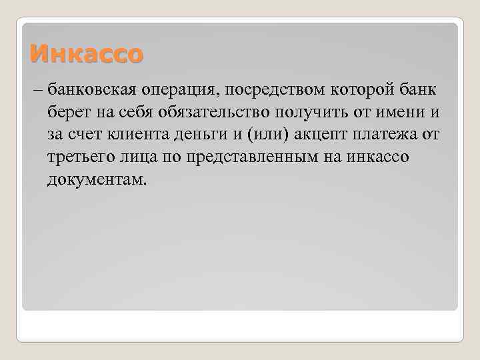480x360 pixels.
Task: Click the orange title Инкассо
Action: (87, 53)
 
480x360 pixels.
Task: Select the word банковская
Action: (87, 90)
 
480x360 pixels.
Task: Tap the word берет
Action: (66, 113)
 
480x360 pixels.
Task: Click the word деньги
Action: (209, 135)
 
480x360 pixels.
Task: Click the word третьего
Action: (79, 158)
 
